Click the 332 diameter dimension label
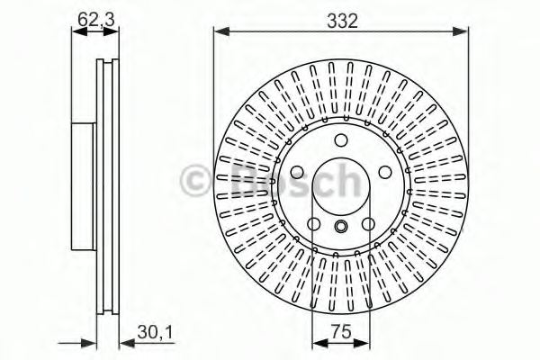(x=341, y=20)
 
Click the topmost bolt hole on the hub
(x=342, y=140)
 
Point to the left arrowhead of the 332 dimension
(x=218, y=32)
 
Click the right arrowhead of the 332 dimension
(x=464, y=32)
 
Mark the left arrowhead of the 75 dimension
(x=315, y=344)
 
